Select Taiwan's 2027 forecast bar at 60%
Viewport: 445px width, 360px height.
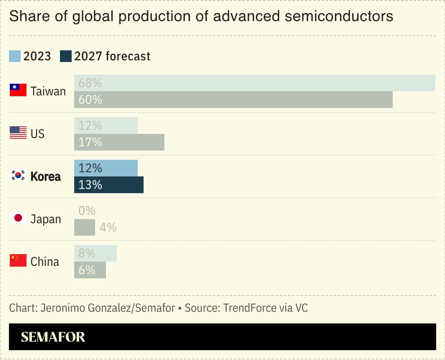tap(233, 100)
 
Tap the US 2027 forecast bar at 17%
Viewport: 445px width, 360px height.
tap(119, 142)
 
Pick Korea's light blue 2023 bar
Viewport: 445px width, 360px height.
tap(106, 168)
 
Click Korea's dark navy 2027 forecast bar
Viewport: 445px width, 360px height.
tap(109, 185)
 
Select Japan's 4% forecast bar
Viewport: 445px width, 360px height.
tap(84, 228)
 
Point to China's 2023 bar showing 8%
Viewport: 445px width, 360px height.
tap(95, 253)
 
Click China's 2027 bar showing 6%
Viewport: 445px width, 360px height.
tap(90, 270)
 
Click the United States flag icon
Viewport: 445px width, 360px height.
tap(18, 133)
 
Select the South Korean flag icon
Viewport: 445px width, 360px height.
tap(18, 176)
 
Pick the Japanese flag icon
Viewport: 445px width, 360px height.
tap(18, 218)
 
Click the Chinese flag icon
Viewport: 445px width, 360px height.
tap(18, 261)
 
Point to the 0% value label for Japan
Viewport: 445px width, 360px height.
tap(87, 211)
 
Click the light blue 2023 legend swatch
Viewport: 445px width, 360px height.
tap(14, 56)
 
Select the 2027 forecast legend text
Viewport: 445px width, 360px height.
tap(112, 56)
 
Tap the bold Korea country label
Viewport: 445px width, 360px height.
tap(46, 177)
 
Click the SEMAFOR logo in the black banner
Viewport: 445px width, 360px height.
tap(53, 337)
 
